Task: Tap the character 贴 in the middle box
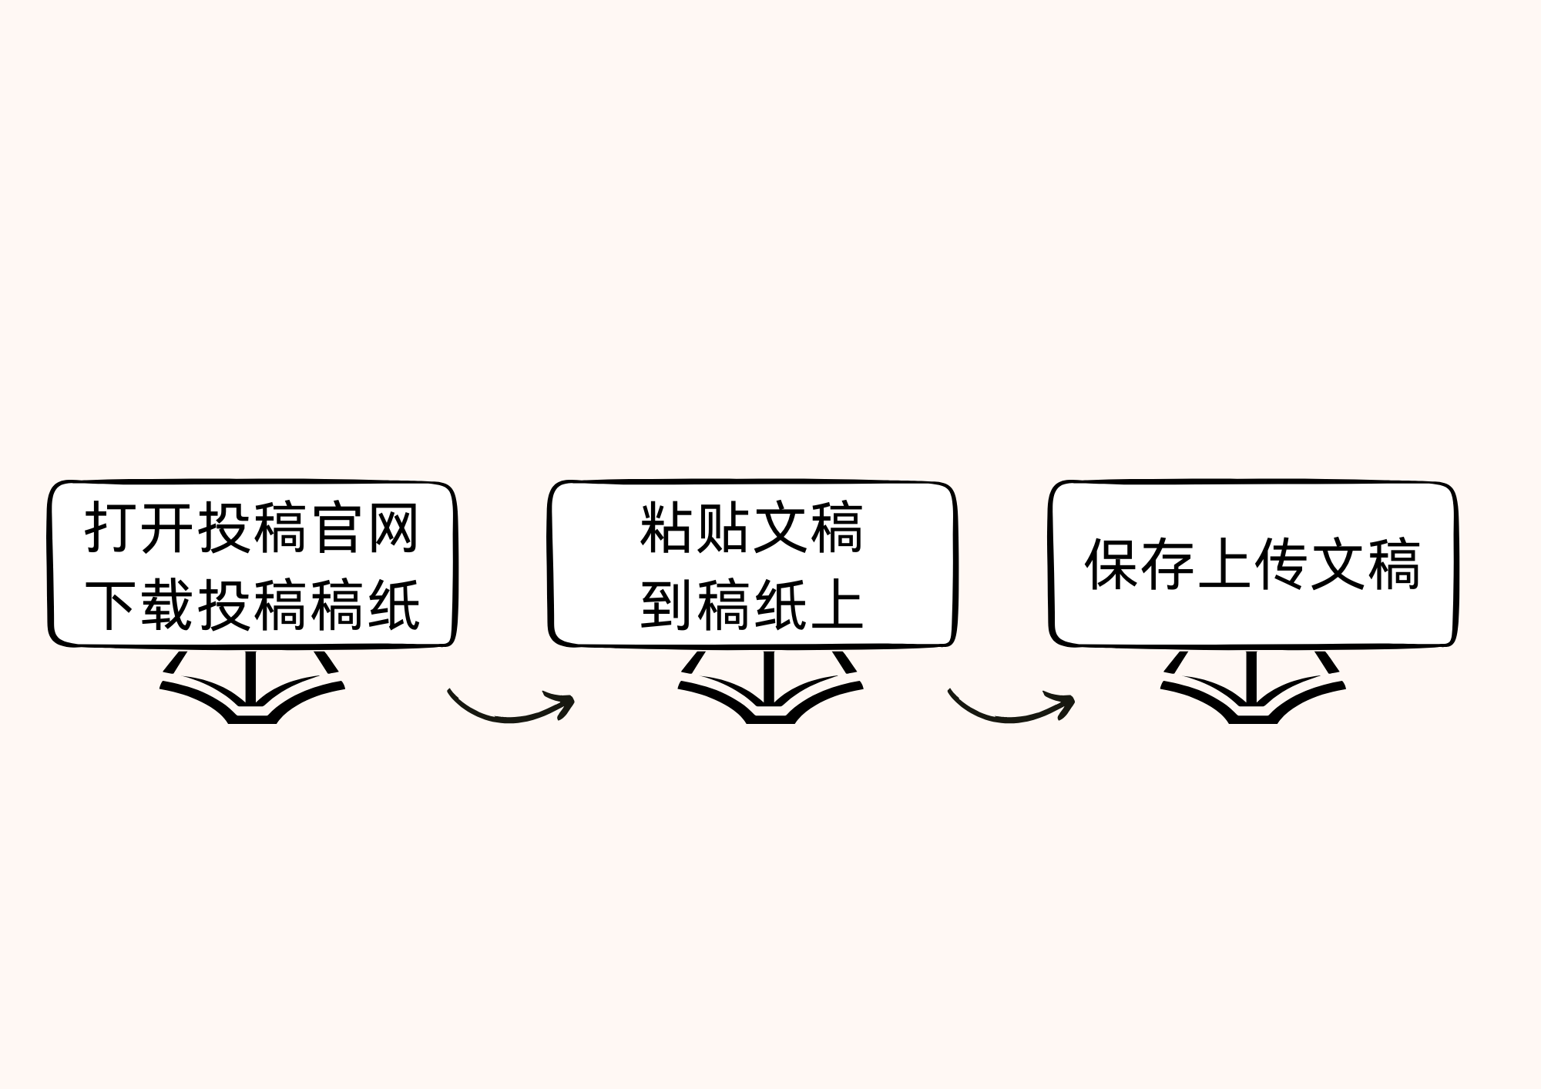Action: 723,528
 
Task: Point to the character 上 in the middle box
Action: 836,605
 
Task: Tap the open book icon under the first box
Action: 252,689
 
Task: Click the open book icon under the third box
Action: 1253,689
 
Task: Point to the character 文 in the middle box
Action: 780,528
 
